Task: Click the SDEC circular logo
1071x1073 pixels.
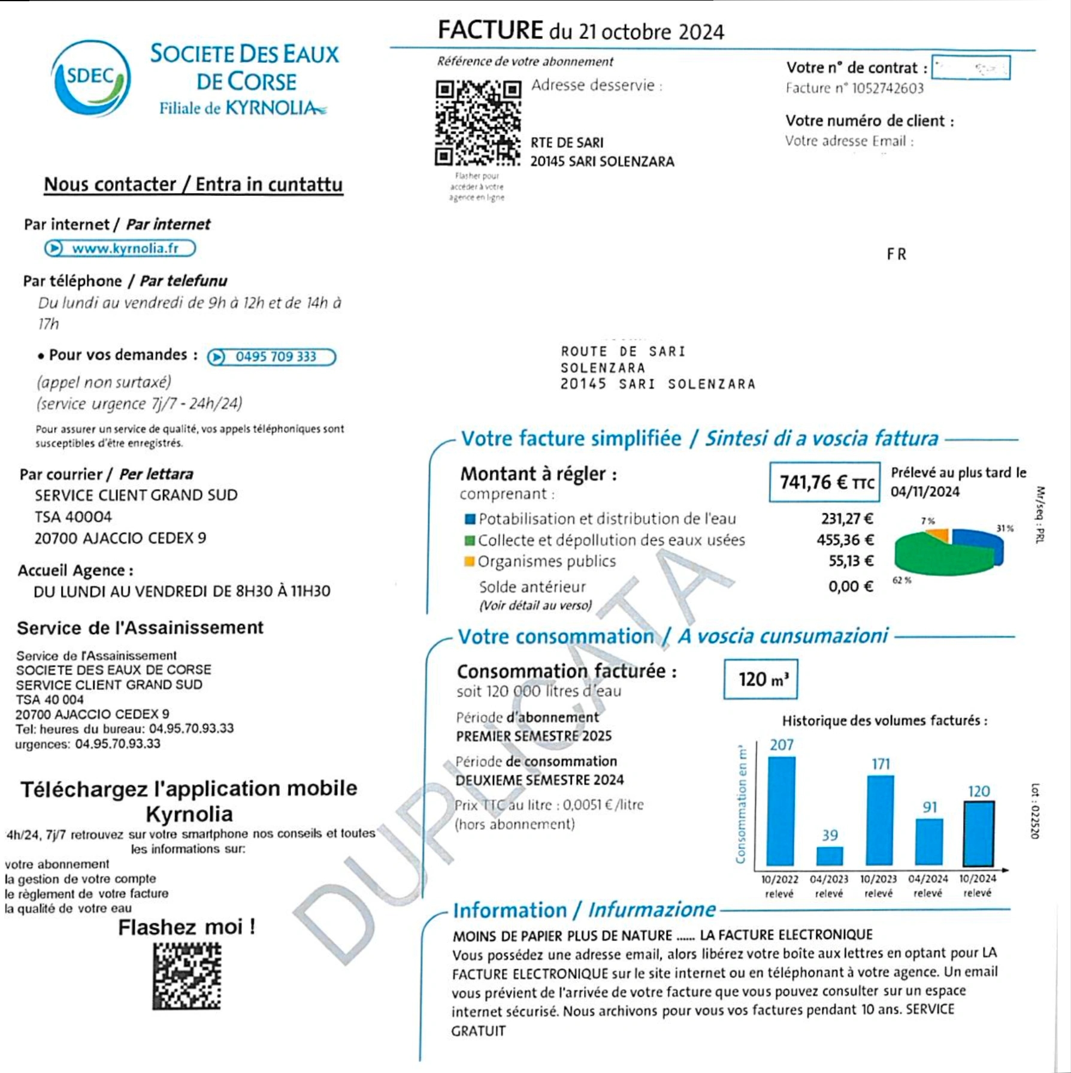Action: click(x=91, y=78)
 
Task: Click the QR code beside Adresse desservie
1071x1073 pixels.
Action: click(x=477, y=123)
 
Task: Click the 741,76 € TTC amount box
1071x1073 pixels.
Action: click(x=825, y=482)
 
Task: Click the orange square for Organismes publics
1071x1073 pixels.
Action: click(x=470, y=562)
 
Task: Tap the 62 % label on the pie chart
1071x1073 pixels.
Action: click(x=901, y=580)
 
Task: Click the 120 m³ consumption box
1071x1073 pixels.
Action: click(x=760, y=679)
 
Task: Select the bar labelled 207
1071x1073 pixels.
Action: click(x=781, y=811)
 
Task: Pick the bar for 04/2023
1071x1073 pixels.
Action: click(x=830, y=856)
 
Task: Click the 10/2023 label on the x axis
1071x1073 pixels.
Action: click(x=878, y=879)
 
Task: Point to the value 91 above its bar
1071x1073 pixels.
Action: click(x=930, y=807)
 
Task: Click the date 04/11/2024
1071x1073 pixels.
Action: click(x=925, y=492)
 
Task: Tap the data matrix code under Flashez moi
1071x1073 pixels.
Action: click(x=187, y=976)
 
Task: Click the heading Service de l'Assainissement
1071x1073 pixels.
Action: click(x=140, y=628)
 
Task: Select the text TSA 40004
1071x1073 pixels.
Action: click(x=73, y=517)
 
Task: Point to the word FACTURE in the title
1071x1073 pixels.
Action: click(x=490, y=30)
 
